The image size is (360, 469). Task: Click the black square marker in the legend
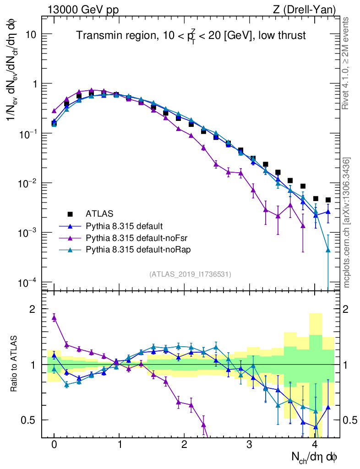[70, 213]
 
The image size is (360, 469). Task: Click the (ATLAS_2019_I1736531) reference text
[190, 274]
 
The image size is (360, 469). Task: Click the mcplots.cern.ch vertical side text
[347, 223]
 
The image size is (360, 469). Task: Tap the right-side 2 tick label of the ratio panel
[352, 309]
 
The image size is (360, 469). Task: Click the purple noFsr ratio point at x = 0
[54, 317]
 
